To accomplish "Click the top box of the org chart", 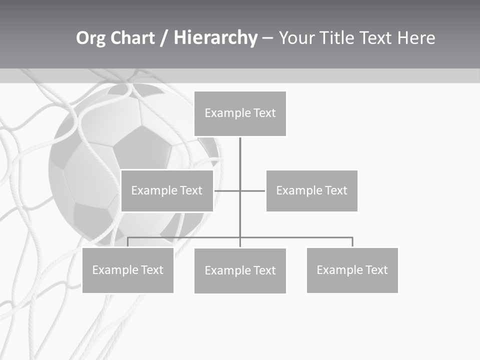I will [x=240, y=113].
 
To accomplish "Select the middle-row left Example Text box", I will [x=167, y=190].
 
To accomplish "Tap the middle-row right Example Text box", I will [x=311, y=190].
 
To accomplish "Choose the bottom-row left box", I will [x=127, y=270].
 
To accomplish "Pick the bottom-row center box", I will [x=240, y=270].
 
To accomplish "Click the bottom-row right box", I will [x=352, y=270].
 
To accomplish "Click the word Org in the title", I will [x=90, y=38].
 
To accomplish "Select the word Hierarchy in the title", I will [x=215, y=38].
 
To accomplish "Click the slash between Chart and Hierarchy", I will [x=164, y=38].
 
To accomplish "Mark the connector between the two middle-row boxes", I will [x=240, y=190].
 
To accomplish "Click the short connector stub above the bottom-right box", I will [x=352, y=242].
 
